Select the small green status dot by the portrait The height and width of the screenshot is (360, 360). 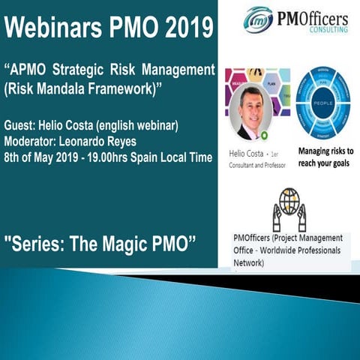click(264, 135)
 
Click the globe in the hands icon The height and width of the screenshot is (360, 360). click(289, 201)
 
